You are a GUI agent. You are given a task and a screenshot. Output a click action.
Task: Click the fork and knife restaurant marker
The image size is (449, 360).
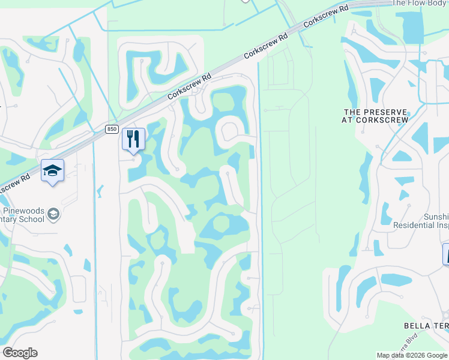point(133,139)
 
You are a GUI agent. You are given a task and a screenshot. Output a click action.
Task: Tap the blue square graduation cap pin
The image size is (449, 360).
point(53,171)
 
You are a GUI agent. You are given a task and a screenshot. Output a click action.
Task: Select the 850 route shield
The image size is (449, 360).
point(112,129)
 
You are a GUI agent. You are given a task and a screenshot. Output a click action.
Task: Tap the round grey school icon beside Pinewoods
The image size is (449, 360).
point(54,215)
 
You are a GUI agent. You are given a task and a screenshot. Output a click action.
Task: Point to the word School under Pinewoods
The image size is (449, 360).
point(30,220)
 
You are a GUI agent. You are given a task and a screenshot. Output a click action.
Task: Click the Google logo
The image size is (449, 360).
point(20,353)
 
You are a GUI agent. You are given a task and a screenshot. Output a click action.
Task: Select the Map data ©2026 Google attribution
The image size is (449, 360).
point(412,355)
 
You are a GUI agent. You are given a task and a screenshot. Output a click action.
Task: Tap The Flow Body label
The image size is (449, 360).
point(420,3)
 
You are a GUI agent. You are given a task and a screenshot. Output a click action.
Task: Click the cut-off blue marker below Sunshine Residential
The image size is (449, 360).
point(446,254)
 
